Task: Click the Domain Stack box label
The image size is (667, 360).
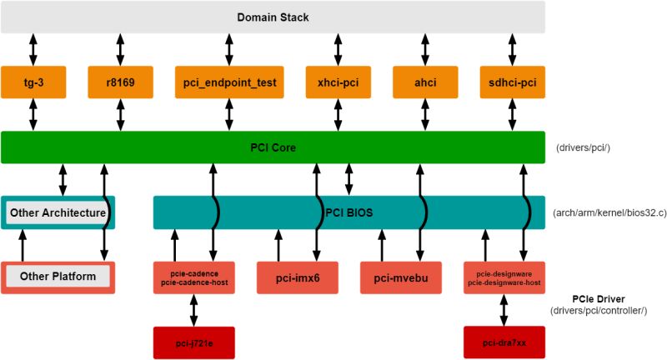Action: coord(273,17)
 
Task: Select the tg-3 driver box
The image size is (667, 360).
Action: coord(34,82)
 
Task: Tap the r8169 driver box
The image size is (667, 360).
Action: coord(123,82)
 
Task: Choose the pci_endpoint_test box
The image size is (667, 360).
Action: coord(231,82)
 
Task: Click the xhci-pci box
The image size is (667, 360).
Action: coord(338,82)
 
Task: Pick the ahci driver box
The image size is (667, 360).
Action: coord(426,82)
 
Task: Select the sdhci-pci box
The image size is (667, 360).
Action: coord(513,82)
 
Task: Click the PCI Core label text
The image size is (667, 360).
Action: coord(273,147)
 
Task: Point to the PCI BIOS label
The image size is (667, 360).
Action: coord(348,212)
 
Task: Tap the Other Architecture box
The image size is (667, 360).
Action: coord(58,212)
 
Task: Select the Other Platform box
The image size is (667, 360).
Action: coord(58,277)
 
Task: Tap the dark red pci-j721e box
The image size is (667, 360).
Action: coord(194,342)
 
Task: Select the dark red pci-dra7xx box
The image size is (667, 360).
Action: coord(504,342)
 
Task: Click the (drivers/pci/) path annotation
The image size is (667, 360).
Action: coord(583,148)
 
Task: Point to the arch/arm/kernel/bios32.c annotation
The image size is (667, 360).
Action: coord(609,213)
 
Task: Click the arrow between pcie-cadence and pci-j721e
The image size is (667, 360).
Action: coord(194,310)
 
